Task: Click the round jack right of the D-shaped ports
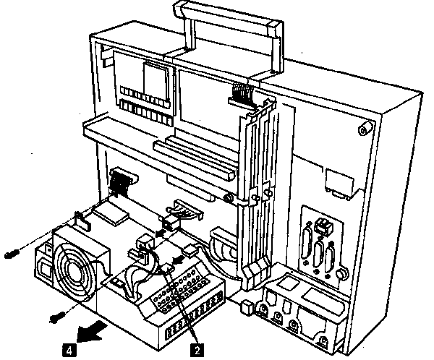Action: pyautogui.click(x=341, y=275)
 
